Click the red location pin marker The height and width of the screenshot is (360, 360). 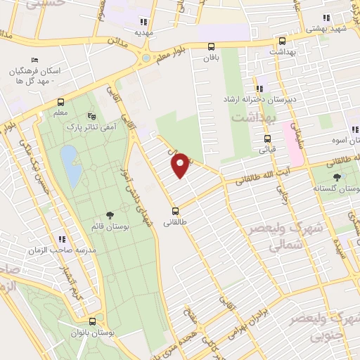coord(181,163)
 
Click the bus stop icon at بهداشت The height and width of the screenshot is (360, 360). coord(282,41)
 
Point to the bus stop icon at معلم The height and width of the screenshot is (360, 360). coord(61,102)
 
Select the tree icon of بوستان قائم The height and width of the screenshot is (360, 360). coord(109,214)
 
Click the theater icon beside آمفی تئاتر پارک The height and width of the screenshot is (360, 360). coord(91,117)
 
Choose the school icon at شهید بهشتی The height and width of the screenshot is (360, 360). coord(326,18)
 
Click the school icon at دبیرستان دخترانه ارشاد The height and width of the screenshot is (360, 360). coord(260,89)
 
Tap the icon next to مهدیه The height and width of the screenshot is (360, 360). coord(144,21)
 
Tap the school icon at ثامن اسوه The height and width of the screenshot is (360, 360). coord(351,129)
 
